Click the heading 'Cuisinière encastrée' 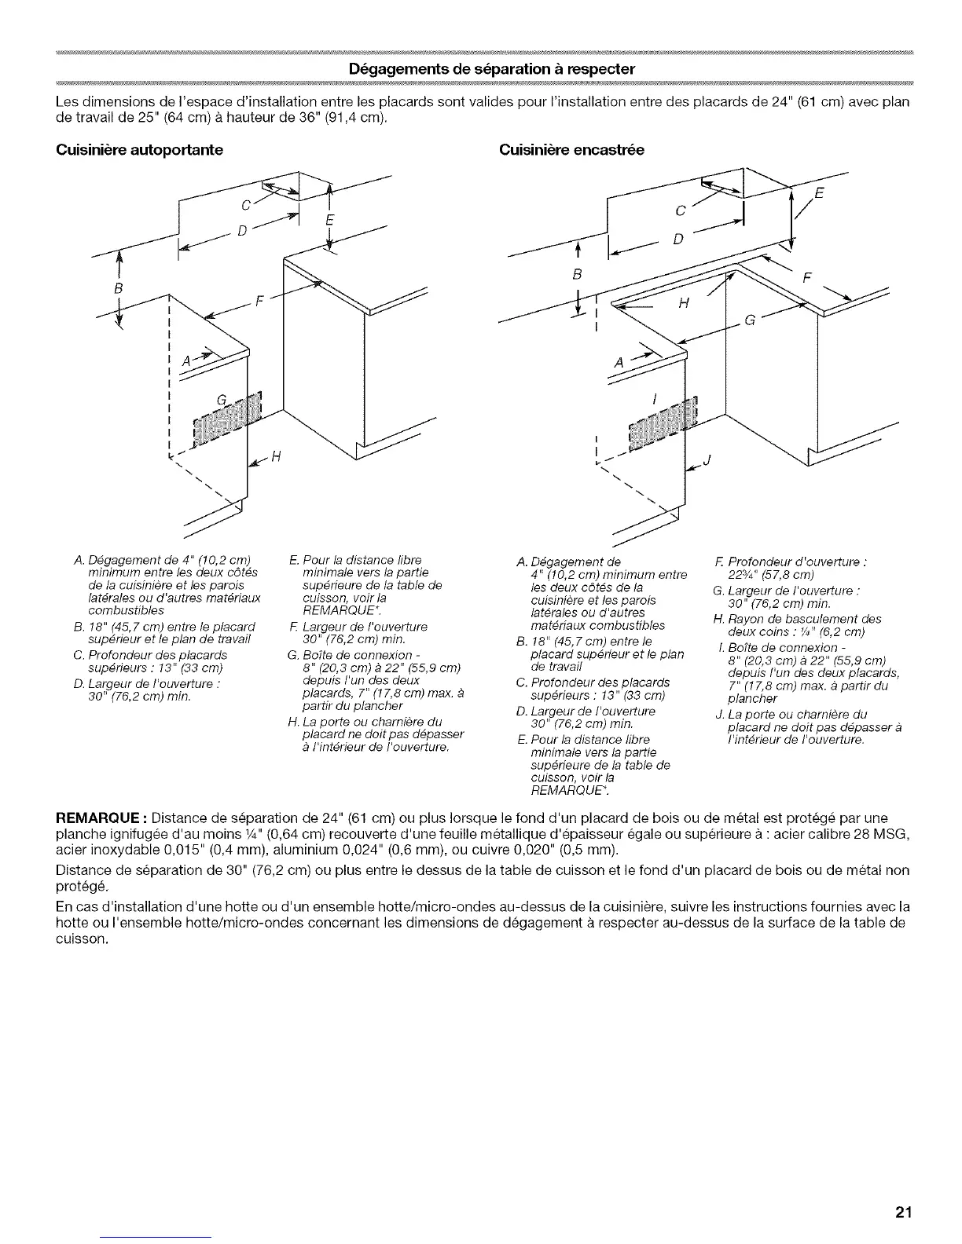(572, 150)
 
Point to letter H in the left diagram (276, 461)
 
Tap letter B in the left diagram (119, 287)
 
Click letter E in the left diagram (329, 219)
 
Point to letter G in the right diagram (751, 320)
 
